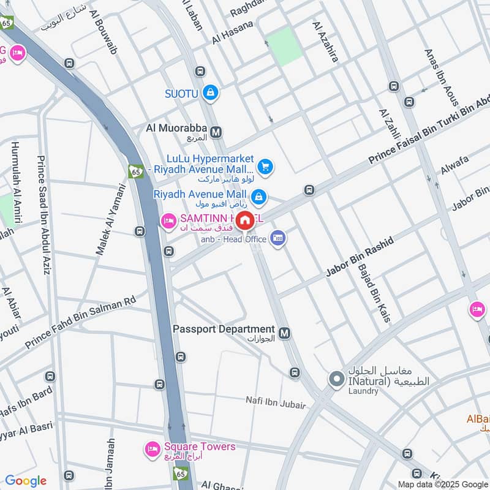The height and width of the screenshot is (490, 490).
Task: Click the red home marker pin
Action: [x=245, y=221]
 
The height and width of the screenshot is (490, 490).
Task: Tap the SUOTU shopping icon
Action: [x=210, y=93]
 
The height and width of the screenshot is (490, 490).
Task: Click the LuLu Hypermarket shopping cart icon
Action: [x=265, y=166]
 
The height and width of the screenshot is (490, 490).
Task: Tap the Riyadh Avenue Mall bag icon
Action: [x=259, y=196]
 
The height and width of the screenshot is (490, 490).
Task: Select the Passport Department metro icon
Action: [x=284, y=333]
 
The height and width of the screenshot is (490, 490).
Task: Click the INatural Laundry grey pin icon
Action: [x=336, y=380]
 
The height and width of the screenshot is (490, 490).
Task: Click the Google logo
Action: [x=26, y=481]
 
